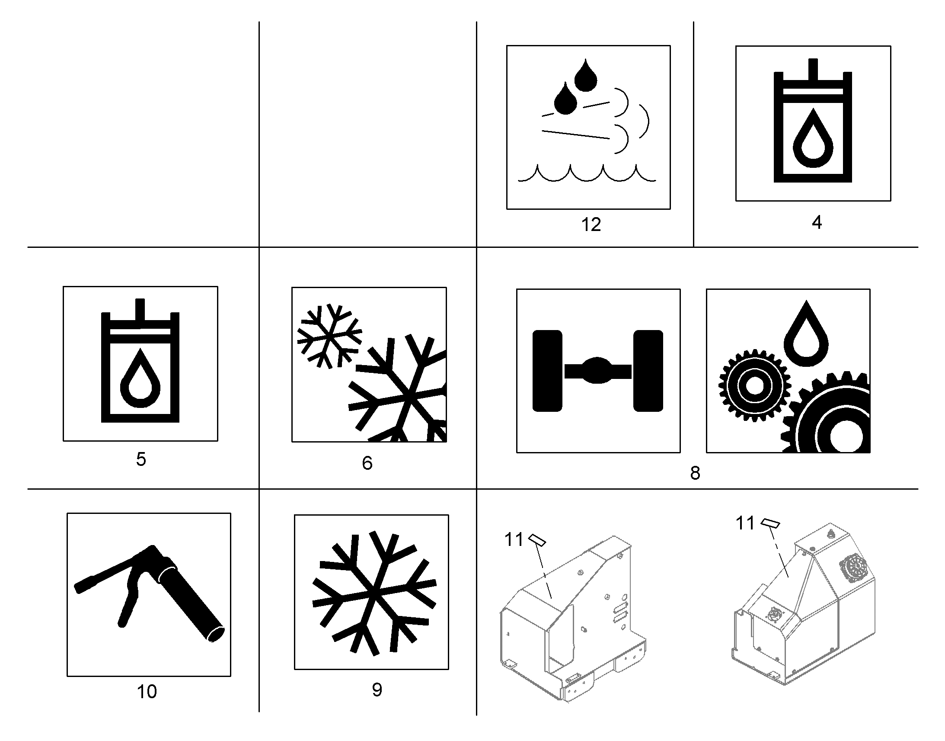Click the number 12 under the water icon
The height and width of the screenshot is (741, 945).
point(591,225)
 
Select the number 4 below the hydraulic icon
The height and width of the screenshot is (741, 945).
point(817,222)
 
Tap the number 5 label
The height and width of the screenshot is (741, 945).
point(141,459)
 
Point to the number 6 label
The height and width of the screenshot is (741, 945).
point(367,463)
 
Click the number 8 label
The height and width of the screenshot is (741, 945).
point(695,473)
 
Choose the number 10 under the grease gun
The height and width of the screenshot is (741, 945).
point(147,692)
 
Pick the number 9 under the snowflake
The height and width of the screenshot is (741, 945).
point(377,690)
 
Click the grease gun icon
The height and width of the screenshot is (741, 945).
point(150,593)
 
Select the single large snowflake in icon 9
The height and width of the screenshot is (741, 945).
point(374,593)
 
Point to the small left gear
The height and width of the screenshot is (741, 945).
point(754,385)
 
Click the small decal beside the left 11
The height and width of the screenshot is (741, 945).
point(537,539)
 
